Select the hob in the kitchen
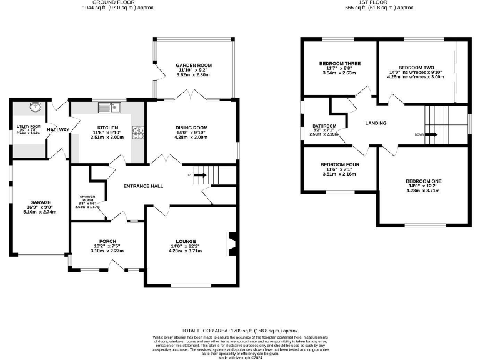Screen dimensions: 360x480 137,132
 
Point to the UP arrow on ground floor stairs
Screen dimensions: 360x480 200,176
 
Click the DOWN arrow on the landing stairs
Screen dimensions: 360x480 430,134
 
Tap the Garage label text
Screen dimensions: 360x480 41,202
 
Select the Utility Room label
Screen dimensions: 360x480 27,127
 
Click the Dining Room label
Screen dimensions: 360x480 191,127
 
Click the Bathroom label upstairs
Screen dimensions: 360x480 324,126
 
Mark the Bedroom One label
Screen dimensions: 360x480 424,181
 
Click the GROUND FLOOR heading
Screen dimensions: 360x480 119,2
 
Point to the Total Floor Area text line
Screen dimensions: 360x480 240,330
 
